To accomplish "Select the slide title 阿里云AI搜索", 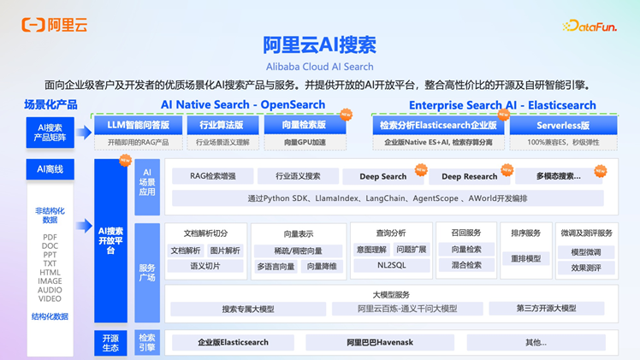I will [319, 45].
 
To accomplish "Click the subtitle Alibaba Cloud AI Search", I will [319, 66].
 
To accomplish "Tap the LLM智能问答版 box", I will [138, 126].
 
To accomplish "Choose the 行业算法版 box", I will [222, 126].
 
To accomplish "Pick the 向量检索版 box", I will [305, 126].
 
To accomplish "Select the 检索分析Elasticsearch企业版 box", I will [438, 126].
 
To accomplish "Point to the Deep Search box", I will [382, 176].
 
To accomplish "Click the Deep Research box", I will [469, 176].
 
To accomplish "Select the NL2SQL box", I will [392, 266].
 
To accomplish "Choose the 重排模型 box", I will [525, 258].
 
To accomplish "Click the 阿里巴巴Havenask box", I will [380, 342].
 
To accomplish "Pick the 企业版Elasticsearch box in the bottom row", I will [233, 342].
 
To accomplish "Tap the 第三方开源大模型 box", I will [546, 309].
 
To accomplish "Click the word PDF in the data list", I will [50, 238].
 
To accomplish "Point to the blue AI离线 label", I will [50, 169].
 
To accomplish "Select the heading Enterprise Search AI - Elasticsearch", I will [502, 105].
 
